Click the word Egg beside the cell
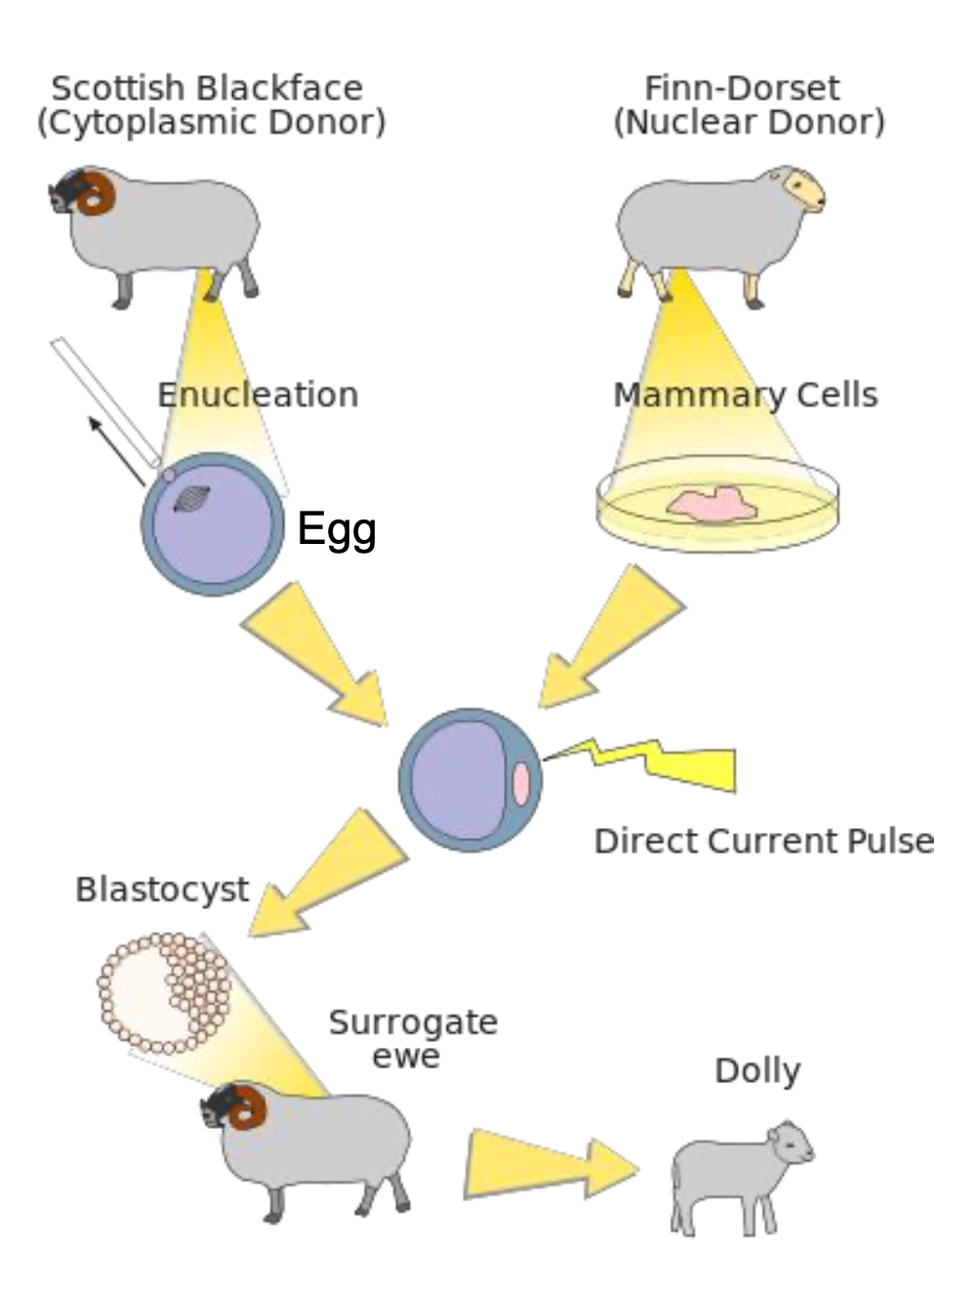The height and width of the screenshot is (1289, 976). pyautogui.click(x=337, y=530)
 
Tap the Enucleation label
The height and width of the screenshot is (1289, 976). pyautogui.click(x=258, y=395)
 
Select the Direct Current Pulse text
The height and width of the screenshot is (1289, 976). pyautogui.click(x=763, y=841)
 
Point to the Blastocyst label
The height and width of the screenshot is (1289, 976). pyautogui.click(x=162, y=890)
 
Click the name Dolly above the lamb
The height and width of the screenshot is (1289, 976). pyautogui.click(x=757, y=1070)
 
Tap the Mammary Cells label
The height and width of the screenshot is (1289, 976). pyautogui.click(x=746, y=395)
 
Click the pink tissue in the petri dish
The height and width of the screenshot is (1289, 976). pyautogui.click(x=712, y=505)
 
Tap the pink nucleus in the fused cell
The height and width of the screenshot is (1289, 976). pyautogui.click(x=521, y=783)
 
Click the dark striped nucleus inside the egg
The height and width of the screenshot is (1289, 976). pyautogui.click(x=191, y=499)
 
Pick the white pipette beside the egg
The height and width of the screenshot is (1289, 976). pyautogui.click(x=105, y=401)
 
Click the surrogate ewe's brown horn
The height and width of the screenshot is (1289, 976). pyautogui.click(x=248, y=1107)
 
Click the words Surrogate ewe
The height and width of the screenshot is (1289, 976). pyautogui.click(x=412, y=1039)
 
